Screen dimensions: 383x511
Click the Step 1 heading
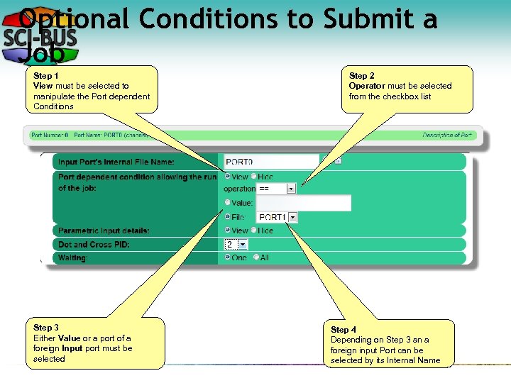click(46, 75)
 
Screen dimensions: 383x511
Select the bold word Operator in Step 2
click(367, 86)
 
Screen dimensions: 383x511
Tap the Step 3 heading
click(46, 328)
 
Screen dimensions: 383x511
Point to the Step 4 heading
click(344, 330)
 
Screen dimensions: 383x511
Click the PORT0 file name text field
click(271, 162)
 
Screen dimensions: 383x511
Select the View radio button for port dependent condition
click(228, 176)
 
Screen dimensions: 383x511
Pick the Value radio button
click(228, 203)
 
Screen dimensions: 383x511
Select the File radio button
click(228, 217)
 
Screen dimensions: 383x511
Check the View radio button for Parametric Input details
click(228, 231)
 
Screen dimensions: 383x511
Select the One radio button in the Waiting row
click(228, 257)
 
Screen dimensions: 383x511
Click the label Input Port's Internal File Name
click(116, 162)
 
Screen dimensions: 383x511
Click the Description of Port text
click(447, 135)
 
